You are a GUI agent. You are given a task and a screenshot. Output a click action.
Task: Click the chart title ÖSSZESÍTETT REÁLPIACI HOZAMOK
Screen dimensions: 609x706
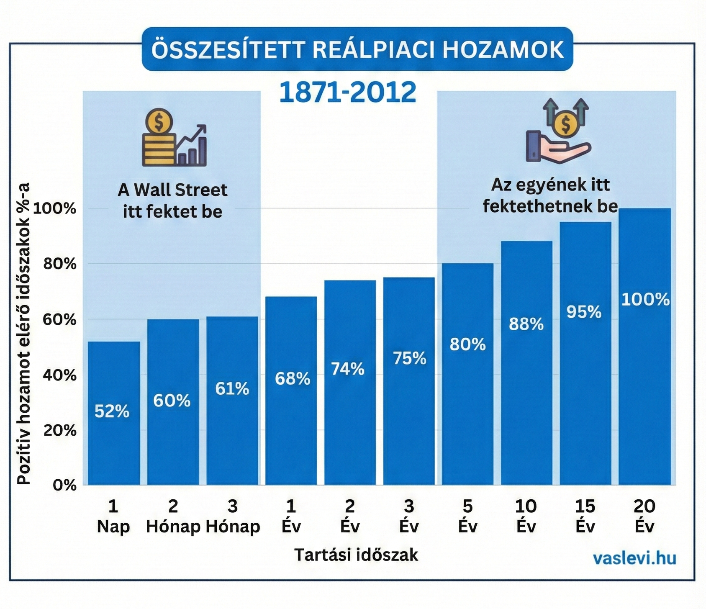coord(357,49)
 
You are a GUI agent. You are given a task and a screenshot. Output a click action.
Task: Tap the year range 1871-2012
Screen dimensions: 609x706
coord(347,92)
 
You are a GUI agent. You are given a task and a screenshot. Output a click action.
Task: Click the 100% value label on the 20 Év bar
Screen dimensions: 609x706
coord(645,300)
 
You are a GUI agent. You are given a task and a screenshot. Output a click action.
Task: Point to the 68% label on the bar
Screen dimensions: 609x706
coord(293,379)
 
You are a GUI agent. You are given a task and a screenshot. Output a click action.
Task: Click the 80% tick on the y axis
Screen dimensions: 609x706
coord(60,264)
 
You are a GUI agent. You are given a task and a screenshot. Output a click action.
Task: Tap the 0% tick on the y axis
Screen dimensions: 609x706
coord(64,485)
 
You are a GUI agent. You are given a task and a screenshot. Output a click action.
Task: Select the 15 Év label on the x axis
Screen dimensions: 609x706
coord(585,516)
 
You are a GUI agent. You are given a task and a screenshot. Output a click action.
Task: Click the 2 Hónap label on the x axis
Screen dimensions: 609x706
coord(173,516)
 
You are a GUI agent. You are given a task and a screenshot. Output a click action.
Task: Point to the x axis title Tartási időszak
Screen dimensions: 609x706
coord(356,555)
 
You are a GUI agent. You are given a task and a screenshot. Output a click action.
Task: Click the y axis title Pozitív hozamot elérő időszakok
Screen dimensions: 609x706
coord(24,334)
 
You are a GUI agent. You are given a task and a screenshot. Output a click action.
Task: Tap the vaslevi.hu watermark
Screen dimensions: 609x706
coord(634,558)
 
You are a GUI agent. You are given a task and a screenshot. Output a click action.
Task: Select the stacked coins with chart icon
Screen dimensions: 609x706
coord(174,138)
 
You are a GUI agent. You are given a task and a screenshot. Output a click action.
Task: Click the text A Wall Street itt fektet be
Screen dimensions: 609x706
coord(172,201)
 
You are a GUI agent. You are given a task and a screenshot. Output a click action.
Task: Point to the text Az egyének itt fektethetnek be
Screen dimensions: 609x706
coord(550,195)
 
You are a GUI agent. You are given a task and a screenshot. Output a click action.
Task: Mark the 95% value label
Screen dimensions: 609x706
coord(584,312)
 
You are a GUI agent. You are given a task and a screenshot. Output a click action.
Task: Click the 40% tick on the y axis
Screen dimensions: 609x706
coord(60,375)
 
